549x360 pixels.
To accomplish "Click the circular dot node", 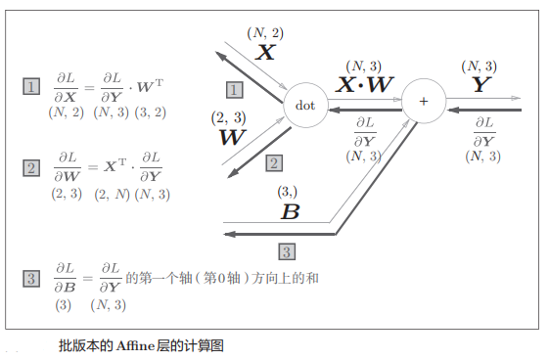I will pyautogui.click(x=305, y=105).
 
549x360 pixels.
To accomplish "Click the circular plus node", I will pyautogui.click(x=423, y=101).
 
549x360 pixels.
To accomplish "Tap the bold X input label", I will pyautogui.click(x=265, y=53).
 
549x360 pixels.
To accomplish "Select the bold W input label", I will pyautogui.click(x=232, y=137).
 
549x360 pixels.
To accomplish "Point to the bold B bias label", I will pyautogui.click(x=290, y=211).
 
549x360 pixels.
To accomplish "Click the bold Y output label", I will pyautogui.click(x=480, y=85).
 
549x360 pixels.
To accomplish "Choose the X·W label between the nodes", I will pyautogui.click(x=364, y=85).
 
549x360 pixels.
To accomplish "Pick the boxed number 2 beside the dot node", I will pyautogui.click(x=274, y=162).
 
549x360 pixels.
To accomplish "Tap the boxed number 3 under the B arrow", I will pyautogui.click(x=287, y=250).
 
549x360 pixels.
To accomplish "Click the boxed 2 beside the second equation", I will pyautogui.click(x=31, y=168).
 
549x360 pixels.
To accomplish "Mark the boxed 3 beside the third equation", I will pyautogui.click(x=31, y=279).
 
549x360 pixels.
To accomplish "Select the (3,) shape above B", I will pyautogui.click(x=288, y=192).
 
